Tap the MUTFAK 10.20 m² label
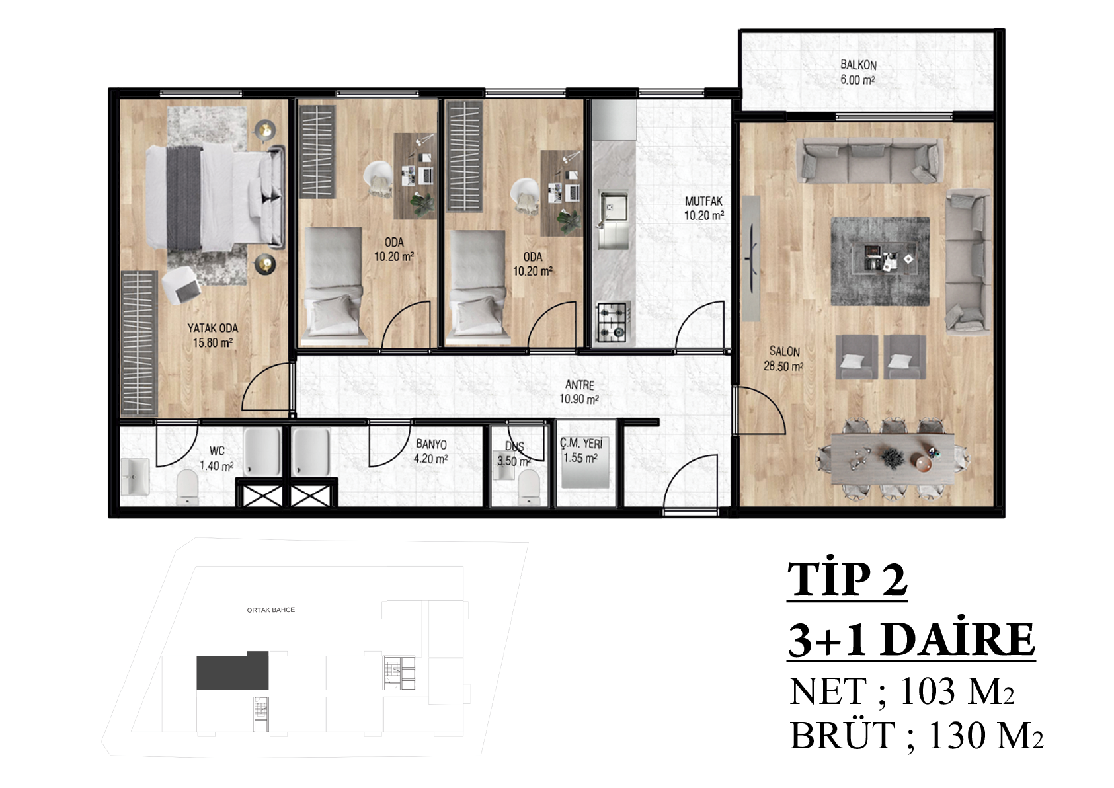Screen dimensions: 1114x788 (x=703, y=208)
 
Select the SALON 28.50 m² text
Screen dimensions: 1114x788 (x=784, y=358)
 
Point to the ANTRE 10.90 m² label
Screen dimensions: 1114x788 (x=579, y=392)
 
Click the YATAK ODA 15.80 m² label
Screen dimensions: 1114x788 (x=213, y=335)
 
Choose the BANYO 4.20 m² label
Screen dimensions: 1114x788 (x=431, y=452)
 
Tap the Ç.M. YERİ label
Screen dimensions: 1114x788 (x=581, y=443)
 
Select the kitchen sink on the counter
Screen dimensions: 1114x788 (x=614, y=219)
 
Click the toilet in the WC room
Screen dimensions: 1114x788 (x=188, y=487)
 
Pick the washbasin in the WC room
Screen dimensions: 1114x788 (x=135, y=476)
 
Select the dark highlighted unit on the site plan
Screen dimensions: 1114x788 (x=233, y=670)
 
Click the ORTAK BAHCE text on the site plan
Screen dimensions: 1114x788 (x=271, y=610)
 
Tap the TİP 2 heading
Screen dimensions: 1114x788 (x=848, y=579)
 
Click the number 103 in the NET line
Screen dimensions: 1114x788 (x=928, y=691)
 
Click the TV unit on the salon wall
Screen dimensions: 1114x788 (x=752, y=258)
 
